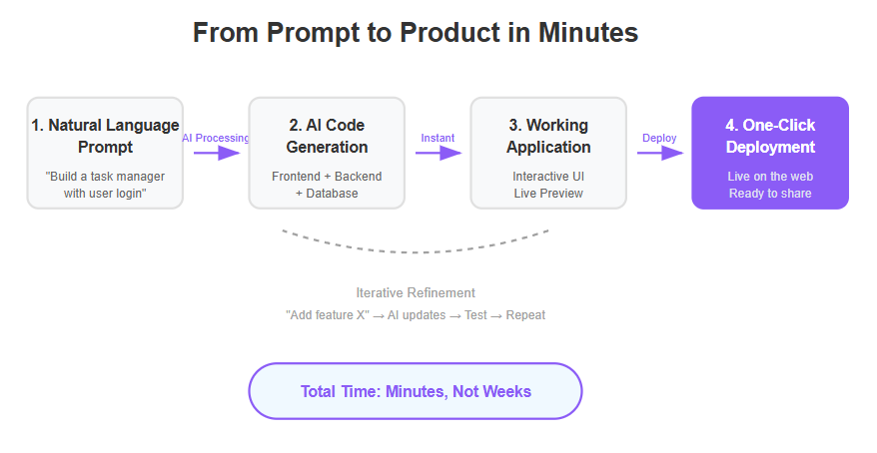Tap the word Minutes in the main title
[x=588, y=32]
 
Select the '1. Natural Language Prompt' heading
[x=105, y=136]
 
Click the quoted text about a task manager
[x=105, y=185]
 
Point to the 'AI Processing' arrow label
[x=216, y=138]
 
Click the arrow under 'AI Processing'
[x=217, y=153]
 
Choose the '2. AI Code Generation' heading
[x=327, y=136]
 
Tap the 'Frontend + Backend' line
[x=327, y=177]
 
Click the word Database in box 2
[x=333, y=194]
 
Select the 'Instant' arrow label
[x=438, y=138]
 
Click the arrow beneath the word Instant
[x=438, y=153]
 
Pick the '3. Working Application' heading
[x=548, y=136]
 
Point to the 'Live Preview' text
[x=548, y=194]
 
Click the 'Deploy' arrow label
[x=659, y=138]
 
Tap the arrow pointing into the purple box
[x=660, y=153]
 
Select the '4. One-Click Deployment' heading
[x=770, y=136]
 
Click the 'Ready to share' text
[x=770, y=194]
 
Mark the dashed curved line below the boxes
[x=416, y=252]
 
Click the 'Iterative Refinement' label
[x=416, y=292]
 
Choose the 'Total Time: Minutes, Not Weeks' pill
[x=416, y=391]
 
